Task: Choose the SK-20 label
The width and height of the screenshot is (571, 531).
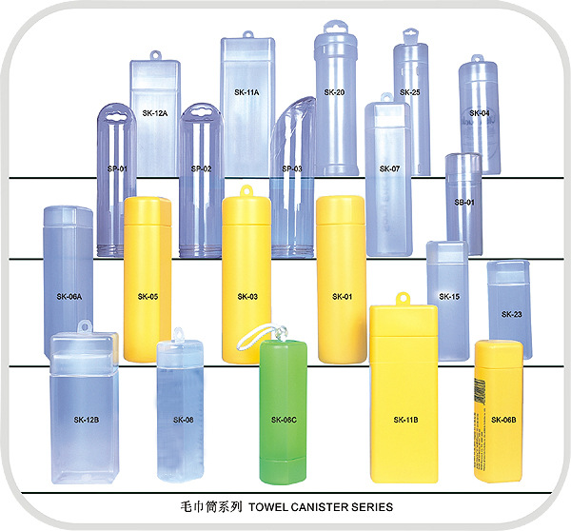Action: pos(334,92)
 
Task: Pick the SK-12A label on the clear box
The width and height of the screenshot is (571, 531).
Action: pos(155,113)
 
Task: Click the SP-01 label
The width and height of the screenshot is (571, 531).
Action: pos(118,168)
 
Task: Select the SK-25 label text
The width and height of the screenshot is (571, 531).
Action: pos(410,92)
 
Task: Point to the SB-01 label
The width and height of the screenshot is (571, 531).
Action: pos(463,203)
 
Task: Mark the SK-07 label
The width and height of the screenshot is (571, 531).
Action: pos(389,168)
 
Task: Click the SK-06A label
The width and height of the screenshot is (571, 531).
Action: pos(69,297)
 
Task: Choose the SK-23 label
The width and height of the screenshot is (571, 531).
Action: pos(511,314)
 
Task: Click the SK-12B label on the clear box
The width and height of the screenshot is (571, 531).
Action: pos(87,419)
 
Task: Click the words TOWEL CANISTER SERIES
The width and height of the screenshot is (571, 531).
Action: pos(324,507)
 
